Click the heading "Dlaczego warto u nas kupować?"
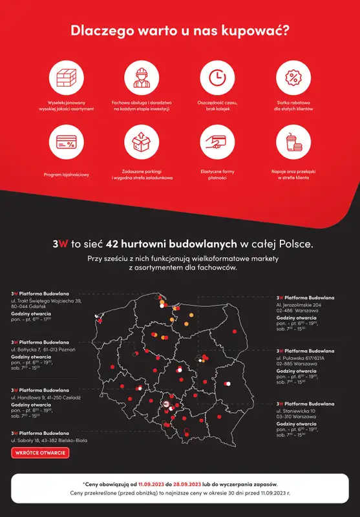coord(180,30)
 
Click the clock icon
coord(218,78)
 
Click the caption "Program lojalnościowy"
coord(67,174)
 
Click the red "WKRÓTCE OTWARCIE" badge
coord(40,452)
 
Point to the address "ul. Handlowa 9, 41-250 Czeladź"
coord(46,397)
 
